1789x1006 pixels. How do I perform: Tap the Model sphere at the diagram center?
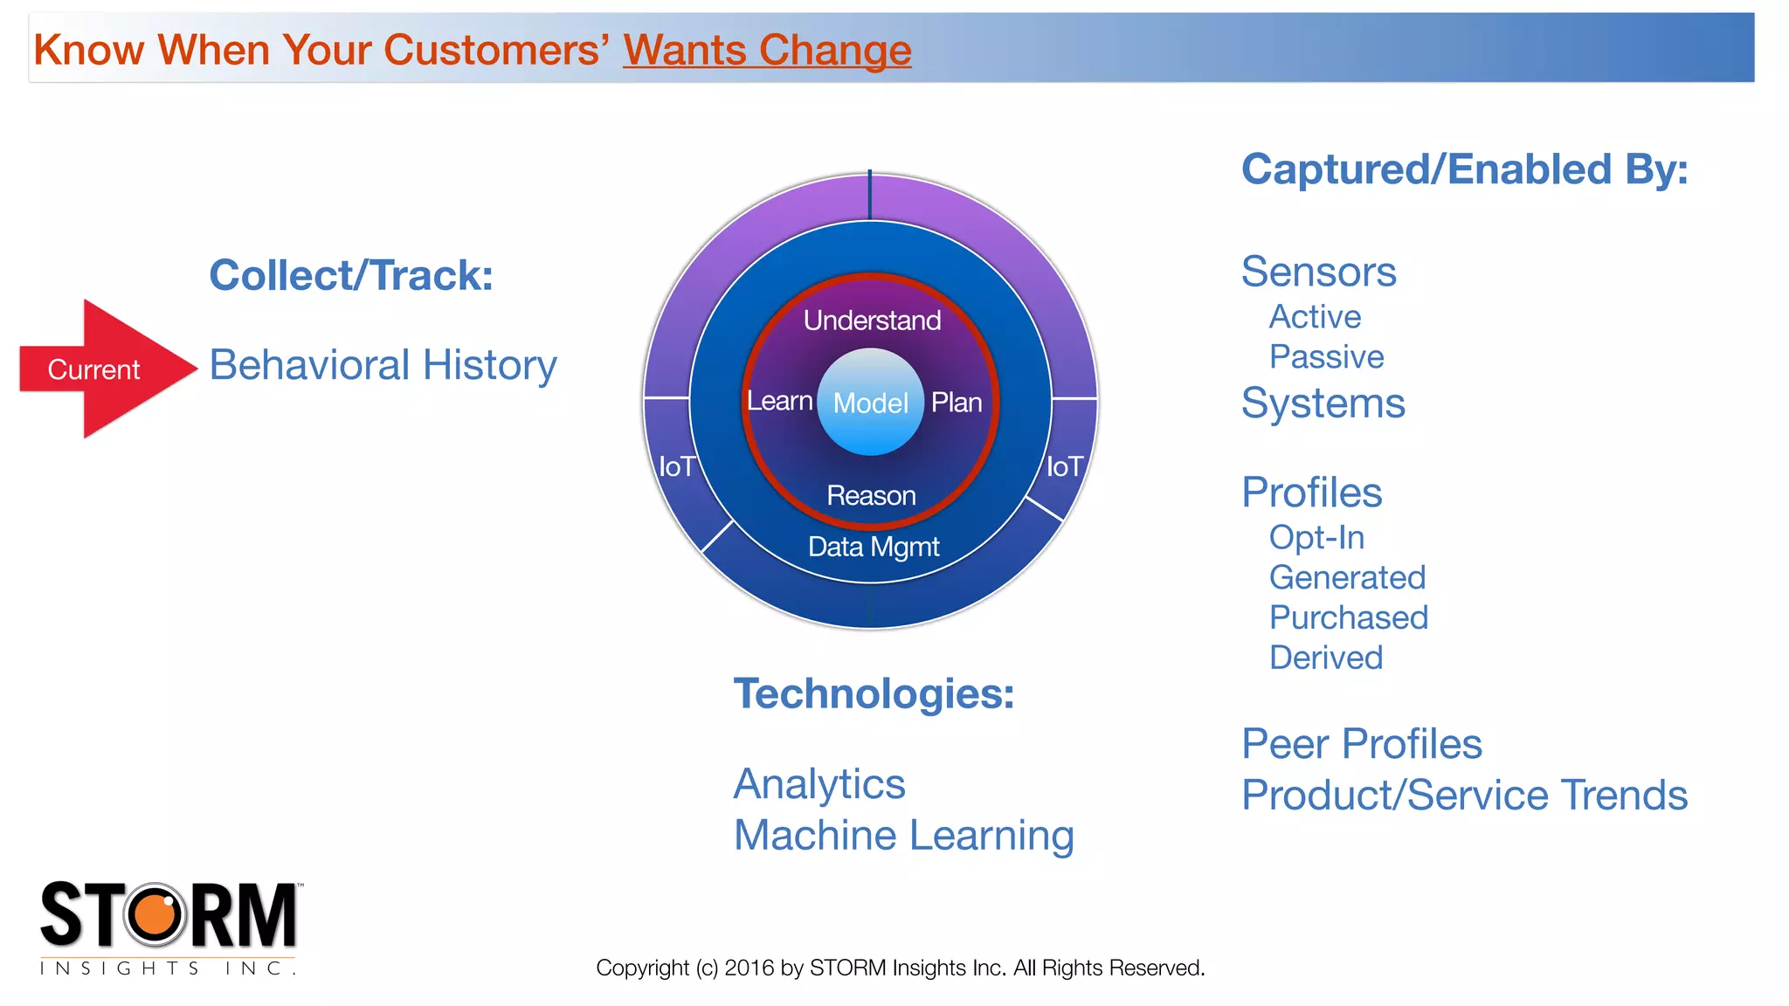(x=870, y=403)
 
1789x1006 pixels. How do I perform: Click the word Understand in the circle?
(x=872, y=320)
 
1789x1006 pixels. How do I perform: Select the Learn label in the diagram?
(x=779, y=402)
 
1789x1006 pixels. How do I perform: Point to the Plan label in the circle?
(x=957, y=403)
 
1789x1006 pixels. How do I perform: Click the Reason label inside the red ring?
(x=871, y=496)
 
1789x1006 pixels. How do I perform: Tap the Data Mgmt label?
(x=874, y=547)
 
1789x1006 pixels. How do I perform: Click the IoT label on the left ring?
(x=676, y=467)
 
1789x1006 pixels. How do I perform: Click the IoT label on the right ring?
(x=1065, y=467)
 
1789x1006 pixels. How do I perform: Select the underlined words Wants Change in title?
(x=767, y=50)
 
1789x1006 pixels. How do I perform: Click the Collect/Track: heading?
(x=351, y=276)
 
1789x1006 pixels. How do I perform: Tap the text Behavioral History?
(x=383, y=365)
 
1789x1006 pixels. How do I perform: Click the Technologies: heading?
(x=874, y=694)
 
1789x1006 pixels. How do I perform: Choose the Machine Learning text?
(x=903, y=836)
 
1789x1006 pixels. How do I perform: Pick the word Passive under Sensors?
(x=1326, y=357)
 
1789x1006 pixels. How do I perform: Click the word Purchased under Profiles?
(x=1348, y=618)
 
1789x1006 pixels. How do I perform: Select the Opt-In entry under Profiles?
(x=1316, y=538)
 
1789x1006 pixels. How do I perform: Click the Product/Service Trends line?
(x=1464, y=796)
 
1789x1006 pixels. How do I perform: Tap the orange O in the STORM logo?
(x=155, y=914)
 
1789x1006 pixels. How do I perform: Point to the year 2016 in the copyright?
(x=749, y=968)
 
